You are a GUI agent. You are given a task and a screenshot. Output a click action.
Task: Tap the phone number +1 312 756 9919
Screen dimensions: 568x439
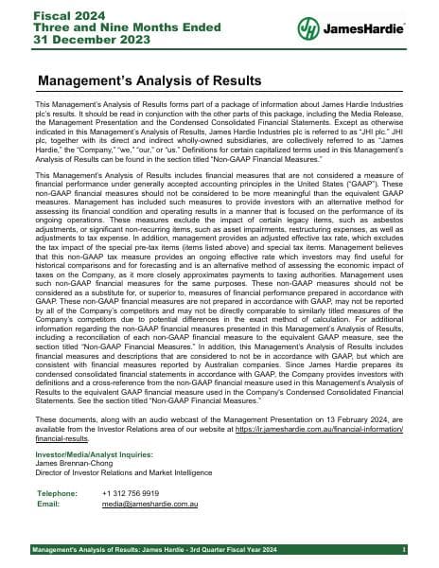(130, 493)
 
